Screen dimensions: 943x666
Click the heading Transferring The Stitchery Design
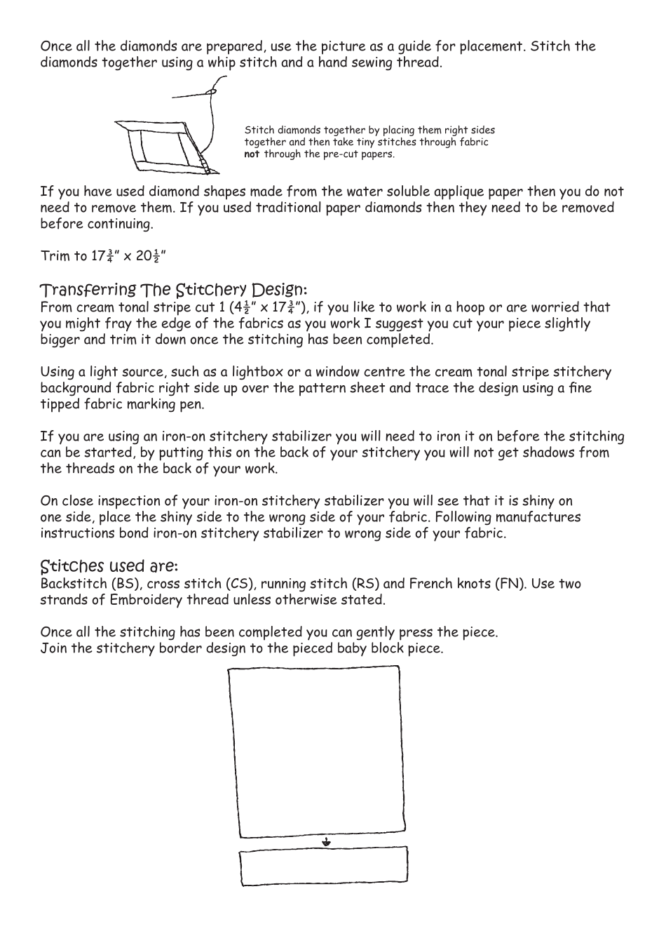pos(173,290)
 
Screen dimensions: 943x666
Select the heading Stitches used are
pos(109,566)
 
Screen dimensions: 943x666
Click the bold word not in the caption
pos(252,154)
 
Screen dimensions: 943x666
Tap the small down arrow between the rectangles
pos(326,842)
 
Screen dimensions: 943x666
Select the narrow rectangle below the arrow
pos(323,867)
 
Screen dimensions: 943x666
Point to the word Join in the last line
pos(53,648)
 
